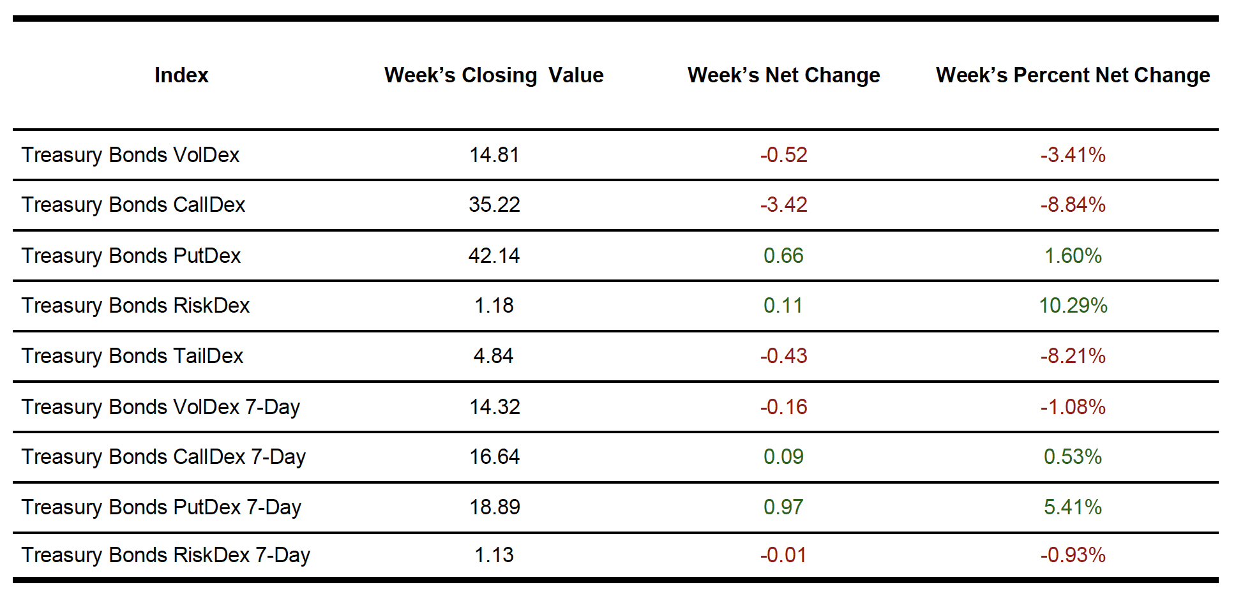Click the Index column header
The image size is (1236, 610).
tap(181, 75)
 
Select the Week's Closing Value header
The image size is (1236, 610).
tap(494, 75)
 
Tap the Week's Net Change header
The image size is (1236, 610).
tap(783, 75)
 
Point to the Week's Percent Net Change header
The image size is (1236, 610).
tap(1073, 75)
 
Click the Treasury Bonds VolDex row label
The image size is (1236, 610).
tap(130, 155)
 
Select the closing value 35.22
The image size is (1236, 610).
tap(494, 205)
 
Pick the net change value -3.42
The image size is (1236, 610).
tap(783, 205)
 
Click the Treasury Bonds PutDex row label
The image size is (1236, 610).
tap(131, 256)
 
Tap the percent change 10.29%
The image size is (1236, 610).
tap(1073, 306)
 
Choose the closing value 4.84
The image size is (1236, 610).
tap(494, 356)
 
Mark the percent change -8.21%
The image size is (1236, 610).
tap(1073, 356)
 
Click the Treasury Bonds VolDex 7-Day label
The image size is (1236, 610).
tap(160, 407)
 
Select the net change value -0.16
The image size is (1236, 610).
tap(783, 407)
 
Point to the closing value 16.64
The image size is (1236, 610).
tap(494, 457)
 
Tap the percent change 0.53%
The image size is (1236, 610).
tap(1073, 457)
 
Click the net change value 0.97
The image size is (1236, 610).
tap(783, 507)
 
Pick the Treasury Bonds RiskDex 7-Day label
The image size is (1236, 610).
tap(165, 555)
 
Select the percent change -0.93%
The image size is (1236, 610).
tap(1073, 555)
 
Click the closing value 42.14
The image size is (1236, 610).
tap(494, 256)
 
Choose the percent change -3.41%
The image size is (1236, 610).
tap(1073, 155)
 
